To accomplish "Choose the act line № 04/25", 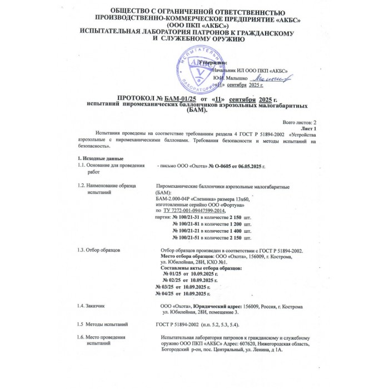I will [x=166, y=293].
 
